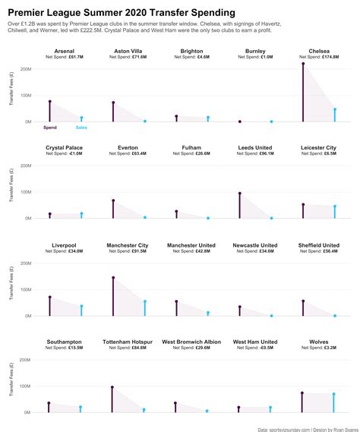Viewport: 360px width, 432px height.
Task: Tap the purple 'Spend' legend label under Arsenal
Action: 50,128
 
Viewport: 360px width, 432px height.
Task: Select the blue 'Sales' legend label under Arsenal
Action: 81,128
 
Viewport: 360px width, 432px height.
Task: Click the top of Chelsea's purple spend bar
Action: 303,63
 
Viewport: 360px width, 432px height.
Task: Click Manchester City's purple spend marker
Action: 113,278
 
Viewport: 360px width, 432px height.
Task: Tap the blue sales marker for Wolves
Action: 333,394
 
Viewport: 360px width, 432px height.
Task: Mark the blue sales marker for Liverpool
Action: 81,306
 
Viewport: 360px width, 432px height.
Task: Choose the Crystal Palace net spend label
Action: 65,153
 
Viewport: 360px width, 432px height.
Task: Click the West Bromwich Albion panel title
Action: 191,342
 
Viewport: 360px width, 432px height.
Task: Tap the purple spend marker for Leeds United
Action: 239,193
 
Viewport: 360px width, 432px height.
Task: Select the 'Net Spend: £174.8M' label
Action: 319,57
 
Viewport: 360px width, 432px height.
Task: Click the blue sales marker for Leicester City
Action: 333,206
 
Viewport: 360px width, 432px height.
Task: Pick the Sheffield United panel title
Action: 319,245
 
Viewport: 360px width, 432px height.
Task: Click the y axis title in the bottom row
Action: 11,383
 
